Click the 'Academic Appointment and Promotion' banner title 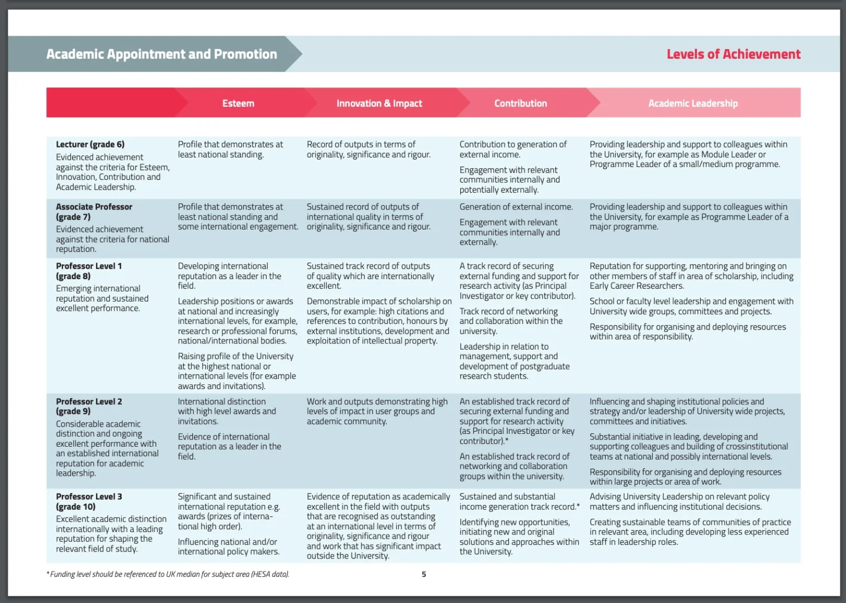pyautogui.click(x=161, y=54)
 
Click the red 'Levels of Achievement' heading pyautogui.click(x=733, y=54)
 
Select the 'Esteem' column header pyautogui.click(x=238, y=103)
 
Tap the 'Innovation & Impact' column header pyautogui.click(x=379, y=103)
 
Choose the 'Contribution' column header pyautogui.click(x=520, y=103)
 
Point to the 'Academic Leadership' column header pyautogui.click(x=692, y=103)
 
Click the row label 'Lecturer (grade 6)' pyautogui.click(x=90, y=145)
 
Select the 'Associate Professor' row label pyautogui.click(x=94, y=207)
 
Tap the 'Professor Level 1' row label pyautogui.click(x=89, y=266)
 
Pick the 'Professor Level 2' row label pyautogui.click(x=89, y=401)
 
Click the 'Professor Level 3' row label pyautogui.click(x=89, y=496)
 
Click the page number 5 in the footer pyautogui.click(x=424, y=574)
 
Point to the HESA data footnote pyautogui.click(x=168, y=574)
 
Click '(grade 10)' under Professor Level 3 pyautogui.click(x=75, y=506)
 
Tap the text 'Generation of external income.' pyautogui.click(x=516, y=207)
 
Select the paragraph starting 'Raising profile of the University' pyautogui.click(x=236, y=371)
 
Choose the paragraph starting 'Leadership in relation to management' pyautogui.click(x=514, y=361)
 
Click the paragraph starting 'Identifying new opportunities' pyautogui.click(x=519, y=537)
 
